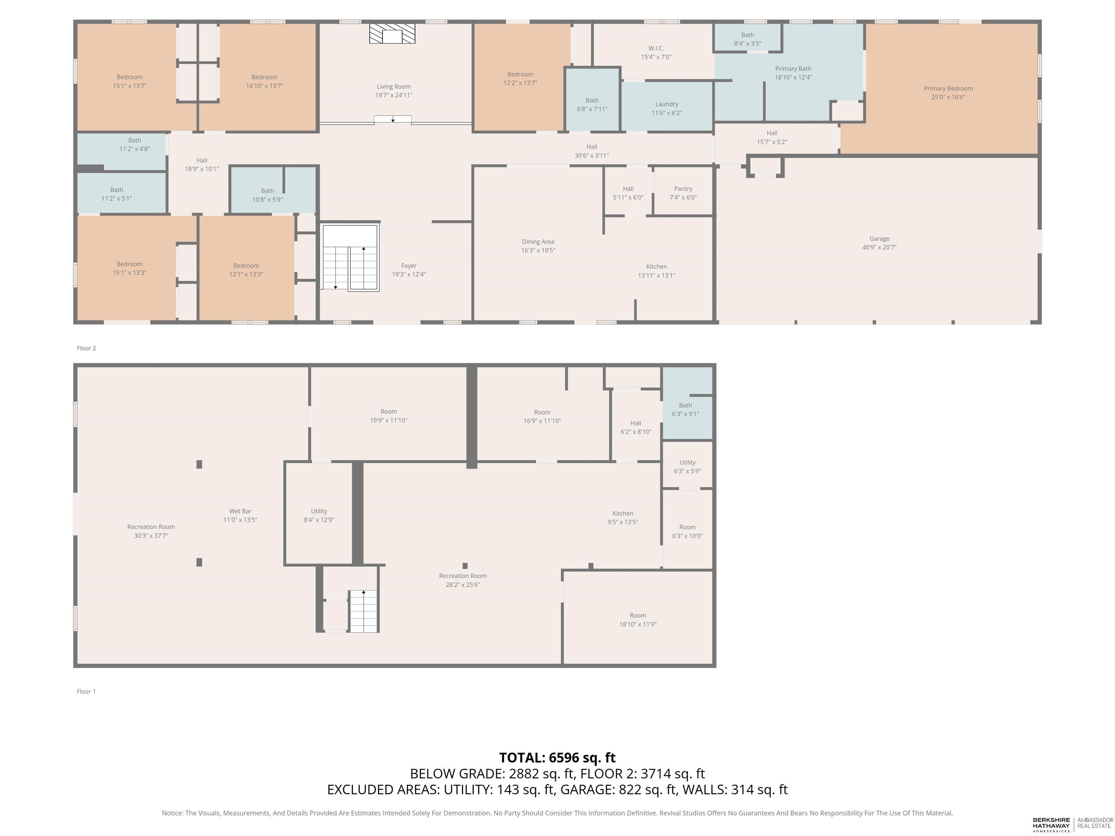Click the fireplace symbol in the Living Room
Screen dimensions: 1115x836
[x=392, y=33]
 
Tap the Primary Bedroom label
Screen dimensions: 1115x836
[x=948, y=89]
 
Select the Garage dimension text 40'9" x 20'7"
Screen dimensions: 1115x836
[x=879, y=247]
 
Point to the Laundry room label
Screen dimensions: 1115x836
[x=667, y=104]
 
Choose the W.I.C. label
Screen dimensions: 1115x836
[x=656, y=48]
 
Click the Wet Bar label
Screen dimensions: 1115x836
[x=240, y=511]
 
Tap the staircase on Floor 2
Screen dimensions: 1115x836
[x=350, y=258]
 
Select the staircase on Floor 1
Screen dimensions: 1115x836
[x=363, y=611]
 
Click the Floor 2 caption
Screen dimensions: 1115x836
[x=86, y=348]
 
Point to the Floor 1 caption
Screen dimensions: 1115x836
[x=86, y=691]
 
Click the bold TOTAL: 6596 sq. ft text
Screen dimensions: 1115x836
[x=557, y=758]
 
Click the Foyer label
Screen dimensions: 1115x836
[x=409, y=266]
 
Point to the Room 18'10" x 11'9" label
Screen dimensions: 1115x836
[x=638, y=620]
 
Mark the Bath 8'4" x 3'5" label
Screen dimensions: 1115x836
[x=748, y=39]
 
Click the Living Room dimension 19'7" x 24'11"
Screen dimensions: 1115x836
[x=394, y=95]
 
